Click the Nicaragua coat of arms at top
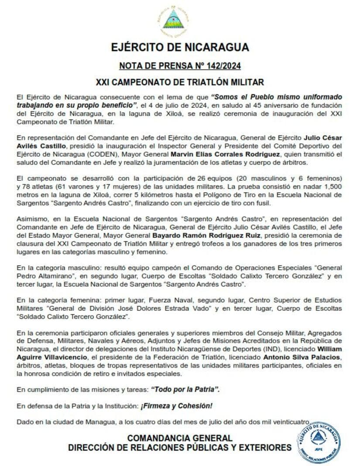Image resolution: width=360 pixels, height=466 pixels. click(x=176, y=21)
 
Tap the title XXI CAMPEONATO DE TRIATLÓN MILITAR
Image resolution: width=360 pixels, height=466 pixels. click(x=180, y=82)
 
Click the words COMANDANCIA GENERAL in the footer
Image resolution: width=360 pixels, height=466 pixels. click(x=180, y=438)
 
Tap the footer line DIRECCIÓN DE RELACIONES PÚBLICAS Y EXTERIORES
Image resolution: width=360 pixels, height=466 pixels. click(x=180, y=448)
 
